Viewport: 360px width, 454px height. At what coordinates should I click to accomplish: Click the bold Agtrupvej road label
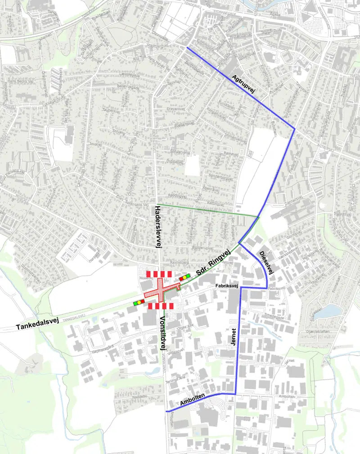coord(243,84)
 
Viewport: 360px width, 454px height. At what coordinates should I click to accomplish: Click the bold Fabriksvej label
coord(225,286)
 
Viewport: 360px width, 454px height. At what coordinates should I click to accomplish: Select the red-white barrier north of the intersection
coord(159,274)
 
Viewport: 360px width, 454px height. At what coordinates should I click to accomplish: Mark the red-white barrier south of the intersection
coord(161,306)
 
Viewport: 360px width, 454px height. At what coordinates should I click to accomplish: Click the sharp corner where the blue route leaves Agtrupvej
coord(294,129)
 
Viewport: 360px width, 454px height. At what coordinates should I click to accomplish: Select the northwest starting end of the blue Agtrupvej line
coord(187,48)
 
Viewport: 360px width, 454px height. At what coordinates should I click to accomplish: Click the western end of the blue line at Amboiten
coord(166,411)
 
